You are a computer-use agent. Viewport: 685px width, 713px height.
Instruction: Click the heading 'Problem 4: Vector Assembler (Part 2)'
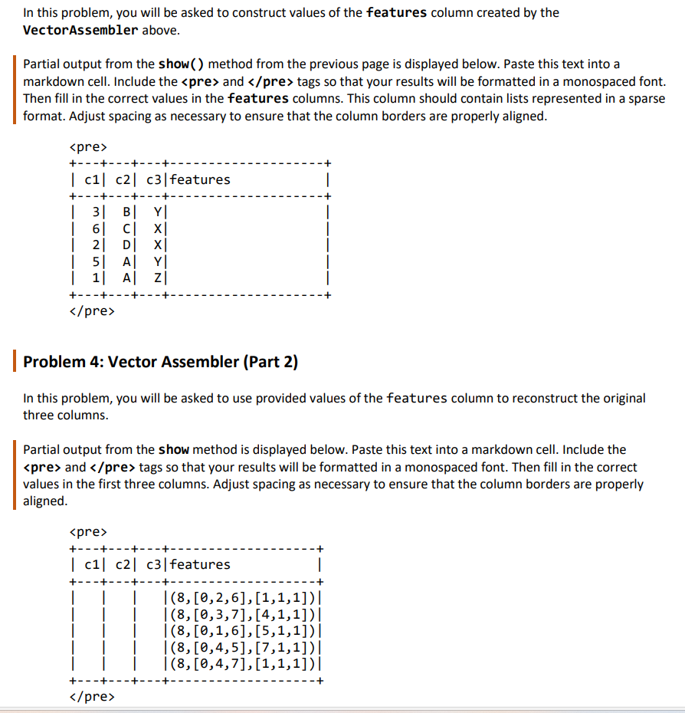tap(160, 361)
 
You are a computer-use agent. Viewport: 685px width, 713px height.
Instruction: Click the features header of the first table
tap(201, 179)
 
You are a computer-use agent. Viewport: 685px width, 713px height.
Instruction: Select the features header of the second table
tap(201, 564)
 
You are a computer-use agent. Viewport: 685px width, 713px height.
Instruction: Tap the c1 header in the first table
tap(93, 179)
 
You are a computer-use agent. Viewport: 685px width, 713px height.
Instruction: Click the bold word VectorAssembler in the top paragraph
tap(81, 30)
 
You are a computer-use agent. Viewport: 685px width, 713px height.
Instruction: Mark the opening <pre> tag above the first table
tap(88, 146)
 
